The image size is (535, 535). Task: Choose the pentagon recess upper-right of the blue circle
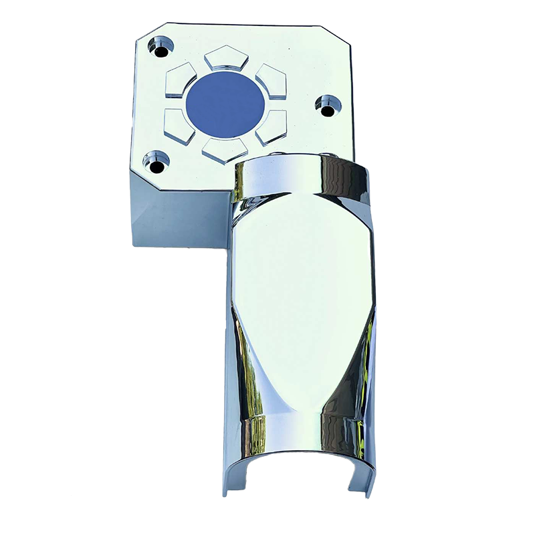(271, 80)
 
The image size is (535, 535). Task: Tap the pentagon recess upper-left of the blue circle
(180, 81)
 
